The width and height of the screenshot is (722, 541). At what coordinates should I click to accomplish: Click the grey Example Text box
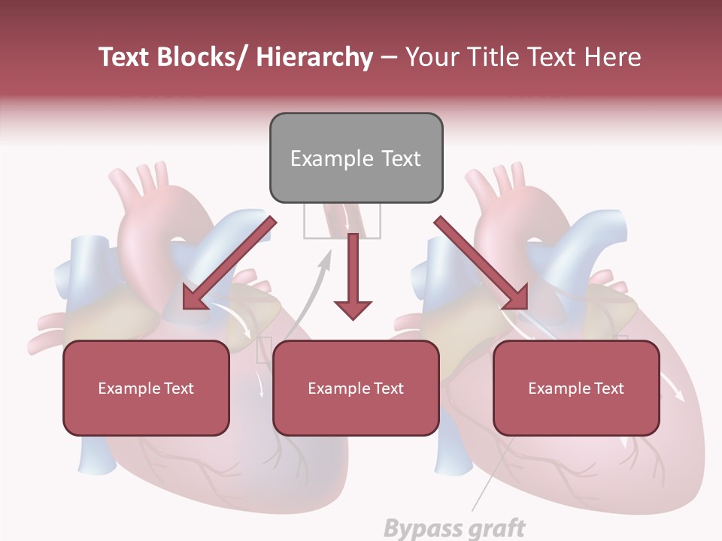[356, 158]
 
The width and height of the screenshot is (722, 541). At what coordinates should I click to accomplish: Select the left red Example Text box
[146, 388]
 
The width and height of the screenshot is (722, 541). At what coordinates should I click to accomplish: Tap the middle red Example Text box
[356, 388]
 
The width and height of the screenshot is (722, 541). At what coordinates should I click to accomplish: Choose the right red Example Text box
[576, 388]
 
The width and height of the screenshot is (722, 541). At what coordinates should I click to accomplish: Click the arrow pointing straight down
[353, 278]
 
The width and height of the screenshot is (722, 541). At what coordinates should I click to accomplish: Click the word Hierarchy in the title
[314, 57]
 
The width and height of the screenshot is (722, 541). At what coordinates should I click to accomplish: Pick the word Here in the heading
[613, 57]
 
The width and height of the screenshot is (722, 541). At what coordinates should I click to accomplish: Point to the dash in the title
[389, 57]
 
